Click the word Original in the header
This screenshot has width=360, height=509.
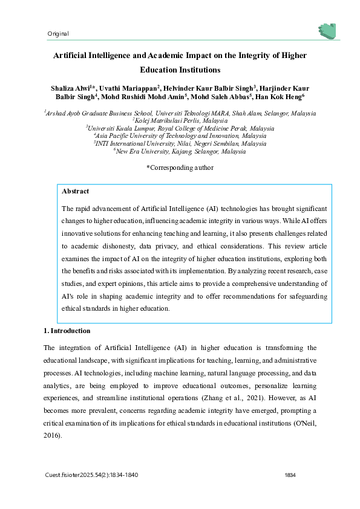57,34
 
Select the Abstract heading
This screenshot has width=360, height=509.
75,191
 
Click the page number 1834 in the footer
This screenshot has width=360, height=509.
290,475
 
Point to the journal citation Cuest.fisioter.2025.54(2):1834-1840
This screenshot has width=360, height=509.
92,475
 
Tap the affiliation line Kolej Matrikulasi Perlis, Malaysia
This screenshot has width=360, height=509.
180,121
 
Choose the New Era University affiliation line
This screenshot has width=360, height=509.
180,152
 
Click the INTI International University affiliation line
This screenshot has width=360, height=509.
180,144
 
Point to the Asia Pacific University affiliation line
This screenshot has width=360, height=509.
180,136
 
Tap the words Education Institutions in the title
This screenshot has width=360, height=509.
180,70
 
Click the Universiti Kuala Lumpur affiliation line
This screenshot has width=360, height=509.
180,129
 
